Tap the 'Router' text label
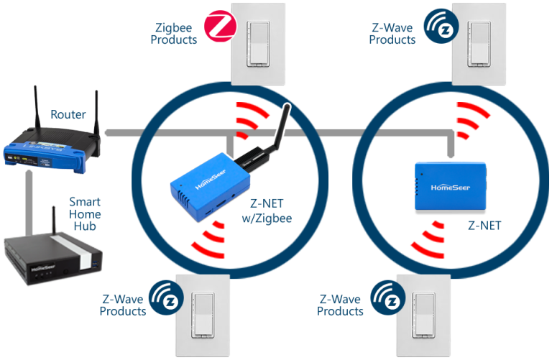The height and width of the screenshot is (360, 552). tap(68, 114)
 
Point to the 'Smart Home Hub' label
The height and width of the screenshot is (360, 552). tap(85, 215)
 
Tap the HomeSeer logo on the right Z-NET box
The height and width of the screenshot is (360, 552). tap(451, 188)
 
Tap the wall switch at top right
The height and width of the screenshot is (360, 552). tap(476, 41)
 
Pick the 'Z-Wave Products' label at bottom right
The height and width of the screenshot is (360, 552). tap(341, 305)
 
